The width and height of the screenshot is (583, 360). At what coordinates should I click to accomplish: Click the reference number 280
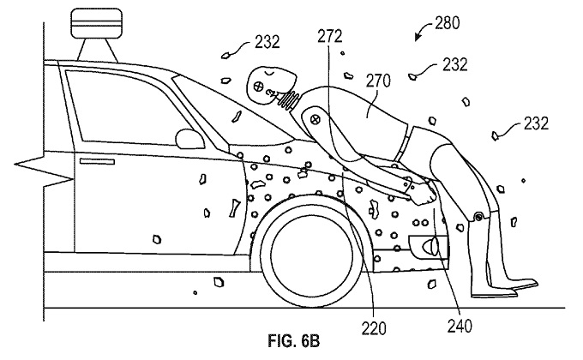pyautogui.click(x=448, y=23)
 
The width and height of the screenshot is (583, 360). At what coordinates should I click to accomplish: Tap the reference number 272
pyautogui.click(x=330, y=37)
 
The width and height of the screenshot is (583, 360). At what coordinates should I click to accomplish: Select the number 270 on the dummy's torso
pyautogui.click(x=378, y=81)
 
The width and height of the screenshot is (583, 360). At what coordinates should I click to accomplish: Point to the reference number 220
pyautogui.click(x=374, y=328)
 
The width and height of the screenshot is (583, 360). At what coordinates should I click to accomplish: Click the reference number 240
pyautogui.click(x=460, y=327)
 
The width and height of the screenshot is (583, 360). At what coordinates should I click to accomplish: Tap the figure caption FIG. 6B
pyautogui.click(x=294, y=341)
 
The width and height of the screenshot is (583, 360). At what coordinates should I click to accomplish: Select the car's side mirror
pyautogui.click(x=189, y=139)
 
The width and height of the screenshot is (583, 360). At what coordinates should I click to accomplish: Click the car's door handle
pyautogui.click(x=97, y=161)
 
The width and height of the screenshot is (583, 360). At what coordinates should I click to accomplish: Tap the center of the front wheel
pyautogui.click(x=312, y=255)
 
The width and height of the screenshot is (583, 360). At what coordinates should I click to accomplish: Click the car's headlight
pyautogui.click(x=430, y=246)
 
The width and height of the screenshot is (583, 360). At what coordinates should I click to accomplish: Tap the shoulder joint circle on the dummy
pyautogui.click(x=316, y=119)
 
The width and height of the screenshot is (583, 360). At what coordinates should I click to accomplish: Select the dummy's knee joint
pyautogui.click(x=479, y=216)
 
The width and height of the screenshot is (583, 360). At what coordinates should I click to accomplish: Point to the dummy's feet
pyautogui.click(x=504, y=289)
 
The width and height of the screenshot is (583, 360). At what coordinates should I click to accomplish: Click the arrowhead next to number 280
pyautogui.click(x=418, y=37)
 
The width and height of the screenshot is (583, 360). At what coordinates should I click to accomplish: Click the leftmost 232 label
pyautogui.click(x=267, y=42)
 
